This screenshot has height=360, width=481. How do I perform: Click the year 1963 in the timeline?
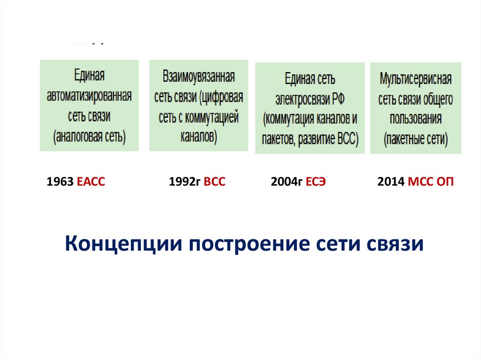point(58,182)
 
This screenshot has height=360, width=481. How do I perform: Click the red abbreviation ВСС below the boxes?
point(215,182)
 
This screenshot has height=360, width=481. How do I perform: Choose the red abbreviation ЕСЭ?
point(315,182)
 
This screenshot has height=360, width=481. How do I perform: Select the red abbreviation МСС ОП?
point(431,182)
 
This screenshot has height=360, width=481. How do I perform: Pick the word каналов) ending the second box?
point(199,136)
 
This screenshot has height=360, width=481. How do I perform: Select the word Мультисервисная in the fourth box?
point(416,78)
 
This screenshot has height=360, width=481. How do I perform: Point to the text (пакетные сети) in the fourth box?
point(416,139)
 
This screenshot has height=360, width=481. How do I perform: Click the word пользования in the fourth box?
point(416,119)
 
